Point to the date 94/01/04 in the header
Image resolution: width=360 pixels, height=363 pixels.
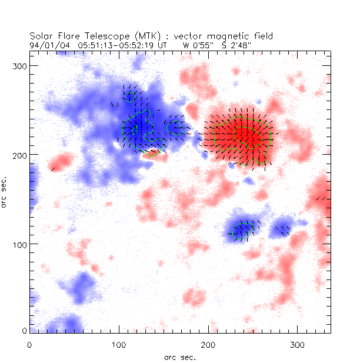click(45, 44)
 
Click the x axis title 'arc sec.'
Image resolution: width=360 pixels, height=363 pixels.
click(179, 357)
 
